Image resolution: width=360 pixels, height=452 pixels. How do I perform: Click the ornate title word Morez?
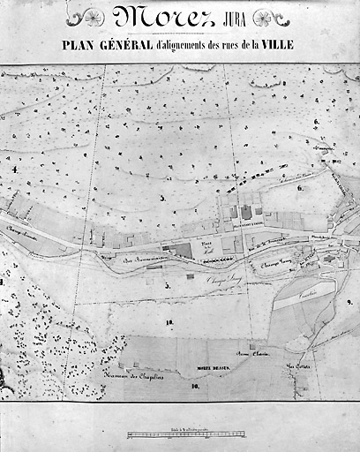point(164,18)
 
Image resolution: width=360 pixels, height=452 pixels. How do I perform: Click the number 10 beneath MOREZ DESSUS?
point(193,387)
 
